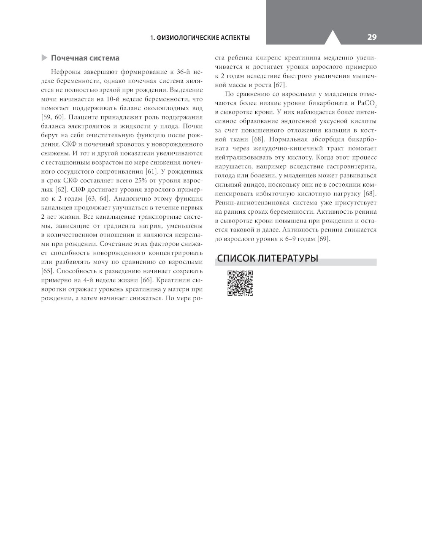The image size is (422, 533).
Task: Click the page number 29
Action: pos(371,37)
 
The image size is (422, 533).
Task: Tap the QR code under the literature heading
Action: pos(240,283)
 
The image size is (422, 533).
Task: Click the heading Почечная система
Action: pos(85,58)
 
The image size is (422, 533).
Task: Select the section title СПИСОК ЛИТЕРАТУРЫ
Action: pos(268,258)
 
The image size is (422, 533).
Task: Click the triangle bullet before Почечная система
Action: pos(45,58)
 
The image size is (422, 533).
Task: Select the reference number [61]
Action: pos(151,171)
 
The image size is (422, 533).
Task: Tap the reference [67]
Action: pos(280,85)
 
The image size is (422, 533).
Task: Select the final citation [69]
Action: pos(323,239)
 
